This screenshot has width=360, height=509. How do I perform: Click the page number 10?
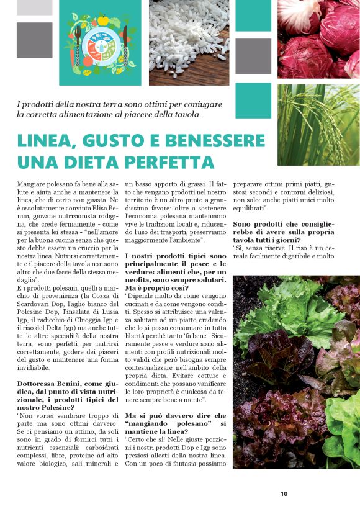(284, 494)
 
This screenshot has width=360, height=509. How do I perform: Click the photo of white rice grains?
(189, 42)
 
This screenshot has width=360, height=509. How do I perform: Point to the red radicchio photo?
(318, 39)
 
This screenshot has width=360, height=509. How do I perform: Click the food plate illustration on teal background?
(100, 42)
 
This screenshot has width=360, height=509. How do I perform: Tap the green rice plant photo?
(318, 125)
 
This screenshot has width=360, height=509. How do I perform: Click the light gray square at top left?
(34, 7)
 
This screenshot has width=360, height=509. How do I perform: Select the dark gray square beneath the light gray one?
(34, 40)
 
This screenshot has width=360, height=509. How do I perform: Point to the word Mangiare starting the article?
(35, 184)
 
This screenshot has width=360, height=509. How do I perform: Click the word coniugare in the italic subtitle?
(199, 104)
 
